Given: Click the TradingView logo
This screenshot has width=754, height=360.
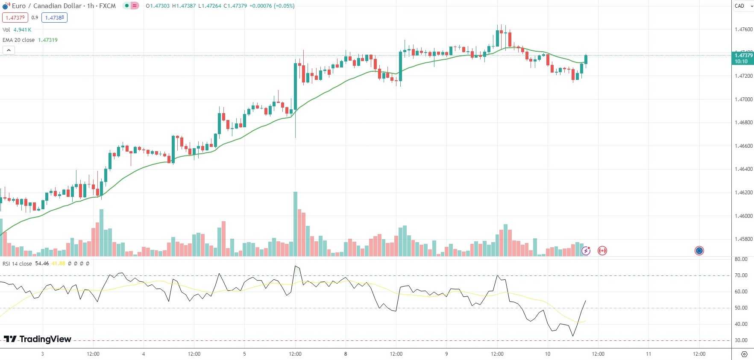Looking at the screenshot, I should click(38, 339).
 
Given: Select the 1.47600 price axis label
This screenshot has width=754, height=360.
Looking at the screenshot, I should click(744, 29).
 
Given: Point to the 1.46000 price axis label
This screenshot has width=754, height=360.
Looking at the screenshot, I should click(744, 216).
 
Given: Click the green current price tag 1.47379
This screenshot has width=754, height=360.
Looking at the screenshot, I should click(743, 58).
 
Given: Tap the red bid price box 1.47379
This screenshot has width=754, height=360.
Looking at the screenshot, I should click(15, 18).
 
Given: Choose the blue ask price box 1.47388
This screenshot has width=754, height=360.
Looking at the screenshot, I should click(54, 18).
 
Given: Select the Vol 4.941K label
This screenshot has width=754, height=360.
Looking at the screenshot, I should click(17, 30).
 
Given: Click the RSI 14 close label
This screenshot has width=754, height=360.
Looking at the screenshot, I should click(17, 263).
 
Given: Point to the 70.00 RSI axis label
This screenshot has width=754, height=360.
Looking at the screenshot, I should click(741, 275).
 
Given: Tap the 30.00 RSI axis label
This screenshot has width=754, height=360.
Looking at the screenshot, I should click(741, 340).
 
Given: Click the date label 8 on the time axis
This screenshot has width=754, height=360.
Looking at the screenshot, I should click(346, 354).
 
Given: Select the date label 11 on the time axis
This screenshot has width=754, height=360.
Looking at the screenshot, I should click(648, 354).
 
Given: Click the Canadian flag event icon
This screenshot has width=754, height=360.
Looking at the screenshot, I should click(602, 251).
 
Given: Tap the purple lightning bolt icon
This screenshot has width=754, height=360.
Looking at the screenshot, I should click(586, 251).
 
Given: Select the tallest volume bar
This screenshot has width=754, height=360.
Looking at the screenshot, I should click(295, 224).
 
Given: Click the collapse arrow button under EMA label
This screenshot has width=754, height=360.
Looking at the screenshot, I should click(9, 50).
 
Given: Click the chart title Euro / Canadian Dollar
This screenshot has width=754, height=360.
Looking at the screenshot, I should click(46, 6).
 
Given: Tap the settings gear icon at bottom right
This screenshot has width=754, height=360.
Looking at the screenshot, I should click(744, 354).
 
